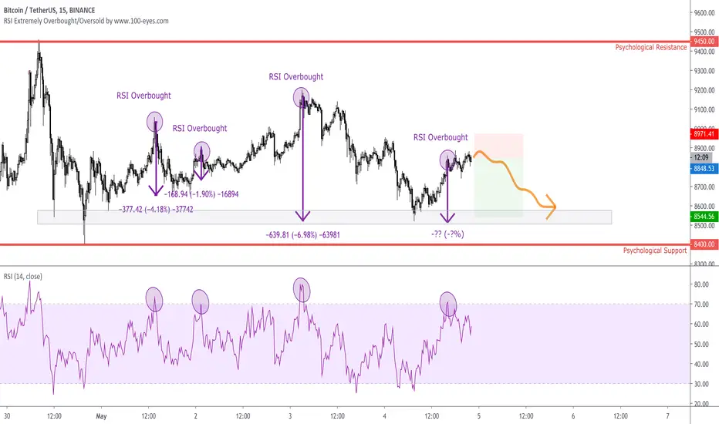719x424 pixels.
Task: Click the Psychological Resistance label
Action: [x=650, y=47]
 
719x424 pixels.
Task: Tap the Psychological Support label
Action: [x=655, y=251]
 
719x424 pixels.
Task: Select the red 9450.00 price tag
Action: [x=704, y=42]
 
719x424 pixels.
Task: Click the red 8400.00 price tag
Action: [x=704, y=244]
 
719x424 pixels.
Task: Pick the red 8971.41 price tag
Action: [x=704, y=134]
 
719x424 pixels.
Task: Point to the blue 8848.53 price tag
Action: [x=704, y=169]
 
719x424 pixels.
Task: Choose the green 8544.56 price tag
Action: [x=704, y=217]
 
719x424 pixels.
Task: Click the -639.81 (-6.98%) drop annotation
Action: [x=302, y=235]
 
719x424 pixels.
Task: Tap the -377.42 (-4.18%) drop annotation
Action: [x=156, y=210]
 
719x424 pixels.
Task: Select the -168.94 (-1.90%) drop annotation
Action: [x=201, y=194]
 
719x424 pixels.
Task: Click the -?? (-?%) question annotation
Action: [x=447, y=234]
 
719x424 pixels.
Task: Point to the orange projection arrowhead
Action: [x=551, y=207]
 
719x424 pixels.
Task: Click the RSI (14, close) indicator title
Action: [x=22, y=277]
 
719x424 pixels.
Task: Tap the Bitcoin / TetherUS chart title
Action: [x=49, y=10]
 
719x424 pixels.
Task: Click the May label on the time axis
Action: [x=101, y=416]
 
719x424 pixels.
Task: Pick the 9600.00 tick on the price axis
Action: [x=704, y=13]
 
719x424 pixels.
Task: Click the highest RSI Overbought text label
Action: [x=295, y=77]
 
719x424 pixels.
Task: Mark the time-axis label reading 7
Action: [x=667, y=416]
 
